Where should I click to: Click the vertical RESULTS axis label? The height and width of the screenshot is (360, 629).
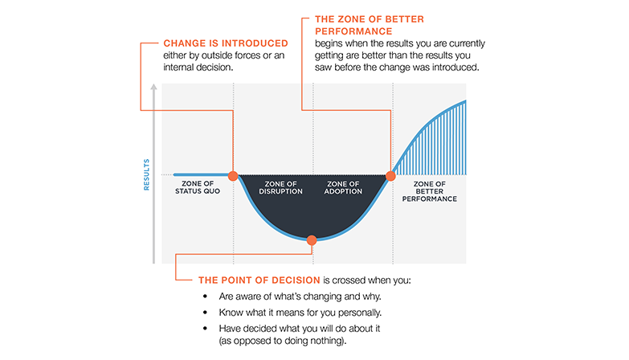(x=147, y=174)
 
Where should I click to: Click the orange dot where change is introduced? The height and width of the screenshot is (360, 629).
(x=233, y=175)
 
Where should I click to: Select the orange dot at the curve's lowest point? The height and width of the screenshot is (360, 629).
(x=312, y=239)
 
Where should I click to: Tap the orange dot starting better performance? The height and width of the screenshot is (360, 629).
(x=391, y=175)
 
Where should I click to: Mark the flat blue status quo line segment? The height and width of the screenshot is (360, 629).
(x=201, y=174)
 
